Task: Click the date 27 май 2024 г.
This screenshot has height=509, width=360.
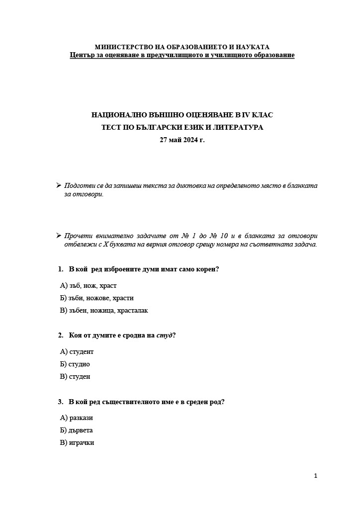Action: pyautogui.click(x=182, y=140)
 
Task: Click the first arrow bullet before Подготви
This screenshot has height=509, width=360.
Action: pyautogui.click(x=59, y=185)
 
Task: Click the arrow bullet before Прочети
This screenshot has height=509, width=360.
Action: pyautogui.click(x=59, y=236)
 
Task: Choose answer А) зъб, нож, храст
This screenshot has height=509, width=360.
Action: pyautogui.click(x=88, y=285)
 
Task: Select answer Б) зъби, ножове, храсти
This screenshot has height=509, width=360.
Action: pyautogui.click(x=96, y=298)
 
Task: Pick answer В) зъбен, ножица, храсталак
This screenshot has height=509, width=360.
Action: pyautogui.click(x=104, y=310)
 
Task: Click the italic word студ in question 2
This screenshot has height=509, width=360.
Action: pyautogui.click(x=164, y=335)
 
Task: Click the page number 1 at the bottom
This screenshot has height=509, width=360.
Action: pyautogui.click(x=315, y=476)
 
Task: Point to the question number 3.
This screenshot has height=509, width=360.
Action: pyautogui.click(x=60, y=401)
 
